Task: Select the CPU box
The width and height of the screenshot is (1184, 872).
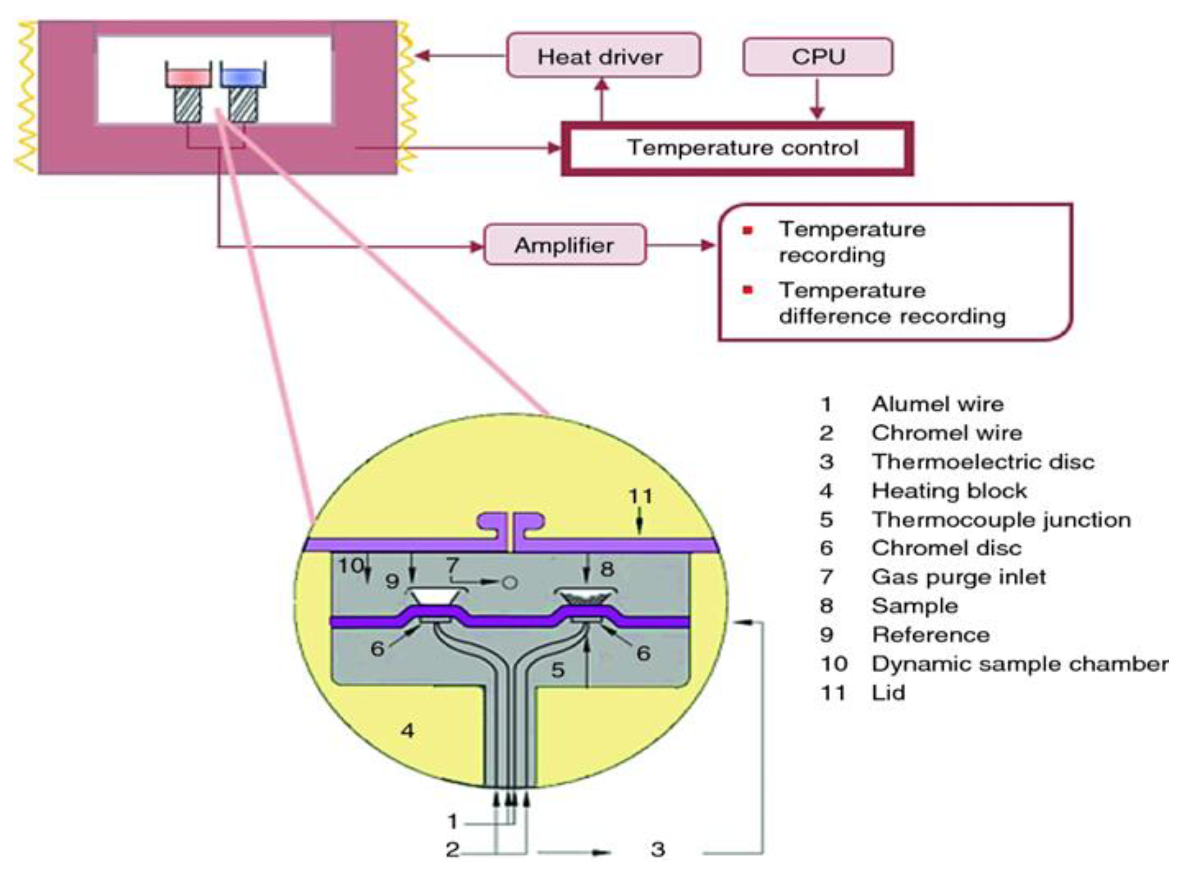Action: pos(817,57)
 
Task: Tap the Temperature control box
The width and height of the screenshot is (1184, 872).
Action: pos(737,148)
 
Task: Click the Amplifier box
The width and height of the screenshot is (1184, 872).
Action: pos(564,244)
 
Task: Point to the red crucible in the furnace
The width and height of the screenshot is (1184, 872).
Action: pos(188,77)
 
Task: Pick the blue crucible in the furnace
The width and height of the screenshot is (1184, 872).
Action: pos(243,77)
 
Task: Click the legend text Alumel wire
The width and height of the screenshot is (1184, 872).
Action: pos(937,404)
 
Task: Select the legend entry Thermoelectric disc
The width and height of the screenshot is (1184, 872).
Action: pos(982,462)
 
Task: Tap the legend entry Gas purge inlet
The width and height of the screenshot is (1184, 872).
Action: pos(958,577)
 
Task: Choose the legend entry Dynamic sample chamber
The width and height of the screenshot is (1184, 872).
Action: pos(1018,664)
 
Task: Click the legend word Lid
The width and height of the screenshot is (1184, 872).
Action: pos(888,693)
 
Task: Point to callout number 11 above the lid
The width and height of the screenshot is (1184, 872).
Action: pos(640,496)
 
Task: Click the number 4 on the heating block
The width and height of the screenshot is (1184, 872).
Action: pos(407,730)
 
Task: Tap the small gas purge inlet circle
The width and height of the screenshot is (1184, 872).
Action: pos(509,582)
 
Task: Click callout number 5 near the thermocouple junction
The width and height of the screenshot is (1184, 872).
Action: pos(557,670)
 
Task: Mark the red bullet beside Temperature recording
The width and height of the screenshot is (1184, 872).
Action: pos(748,231)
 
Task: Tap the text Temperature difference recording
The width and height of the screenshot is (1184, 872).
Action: pos(891,303)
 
